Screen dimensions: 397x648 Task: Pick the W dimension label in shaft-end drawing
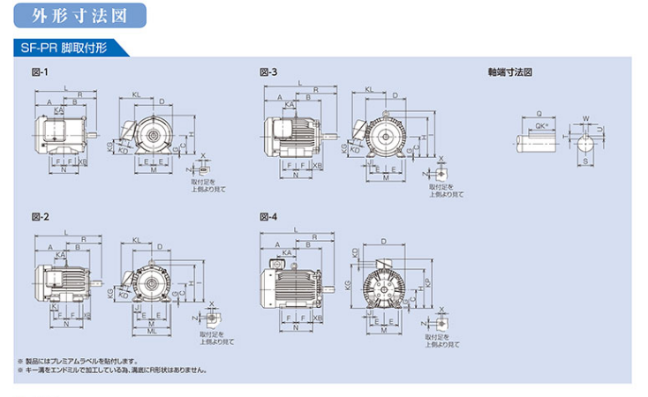click(x=585, y=117)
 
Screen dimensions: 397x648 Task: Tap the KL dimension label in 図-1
click(x=136, y=94)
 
